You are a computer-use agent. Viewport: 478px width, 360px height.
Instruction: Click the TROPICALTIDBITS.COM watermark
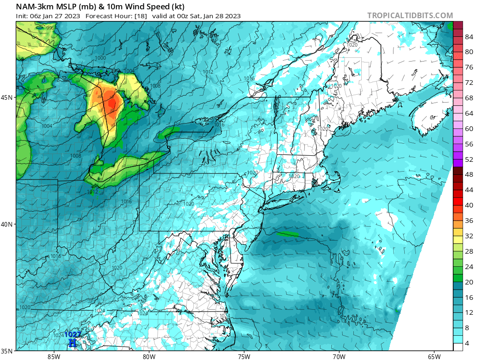coord(410,15)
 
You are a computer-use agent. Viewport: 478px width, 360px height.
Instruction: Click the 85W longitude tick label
coord(54,357)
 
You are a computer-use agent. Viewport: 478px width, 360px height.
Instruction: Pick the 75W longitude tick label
coord(244,357)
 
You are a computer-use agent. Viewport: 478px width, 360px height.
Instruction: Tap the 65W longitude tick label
coord(434,357)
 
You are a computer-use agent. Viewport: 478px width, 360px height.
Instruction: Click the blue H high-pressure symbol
coord(72,343)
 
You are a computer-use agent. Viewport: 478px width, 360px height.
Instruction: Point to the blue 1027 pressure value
coord(73,334)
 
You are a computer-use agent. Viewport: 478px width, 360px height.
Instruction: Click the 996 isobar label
coord(50,28)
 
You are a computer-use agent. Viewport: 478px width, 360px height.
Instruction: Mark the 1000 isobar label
coord(100,58)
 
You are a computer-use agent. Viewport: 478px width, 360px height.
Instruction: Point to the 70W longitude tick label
coord(339,357)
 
